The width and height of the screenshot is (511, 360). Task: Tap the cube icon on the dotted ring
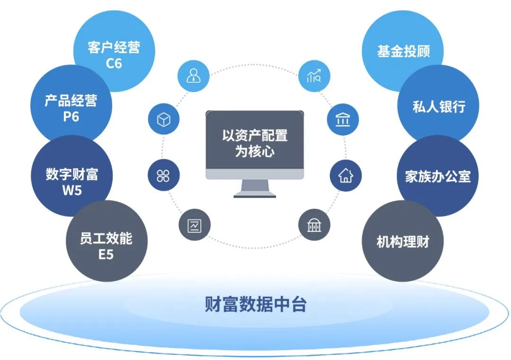click(x=164, y=120)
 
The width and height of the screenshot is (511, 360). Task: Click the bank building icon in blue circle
click(x=343, y=120)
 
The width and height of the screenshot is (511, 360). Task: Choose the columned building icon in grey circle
click(x=314, y=225)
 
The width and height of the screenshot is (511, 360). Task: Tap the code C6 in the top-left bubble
click(x=114, y=63)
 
